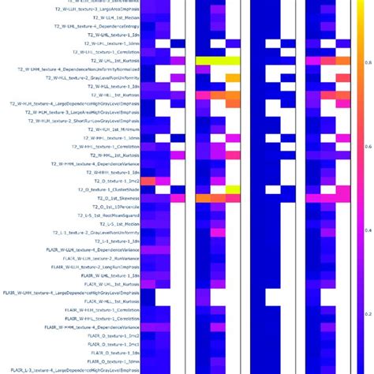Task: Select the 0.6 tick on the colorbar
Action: tap(367, 146)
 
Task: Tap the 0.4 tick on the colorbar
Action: tap(367, 230)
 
